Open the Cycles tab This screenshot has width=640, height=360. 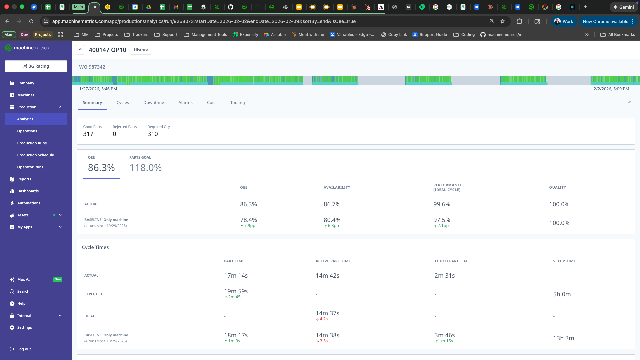123,103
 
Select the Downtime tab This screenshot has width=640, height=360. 154,103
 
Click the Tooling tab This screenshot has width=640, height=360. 237,103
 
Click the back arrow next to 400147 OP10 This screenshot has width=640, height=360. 80,50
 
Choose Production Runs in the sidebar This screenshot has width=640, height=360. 32,143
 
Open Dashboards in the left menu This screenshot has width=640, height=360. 28,191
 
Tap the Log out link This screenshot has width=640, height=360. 24,349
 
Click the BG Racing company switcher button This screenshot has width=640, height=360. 36,66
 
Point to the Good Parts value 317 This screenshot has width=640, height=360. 88,134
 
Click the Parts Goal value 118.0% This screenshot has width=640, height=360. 145,168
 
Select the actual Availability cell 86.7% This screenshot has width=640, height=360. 332,204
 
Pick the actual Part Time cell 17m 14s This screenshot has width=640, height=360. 236,276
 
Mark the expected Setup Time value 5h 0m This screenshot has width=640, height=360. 562,294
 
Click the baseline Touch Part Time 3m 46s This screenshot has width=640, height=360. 444,335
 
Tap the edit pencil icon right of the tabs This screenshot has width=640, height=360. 629,103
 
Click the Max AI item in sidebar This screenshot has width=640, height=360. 23,279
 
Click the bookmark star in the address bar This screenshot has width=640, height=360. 503,21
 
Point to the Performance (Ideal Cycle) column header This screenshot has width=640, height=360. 447,187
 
